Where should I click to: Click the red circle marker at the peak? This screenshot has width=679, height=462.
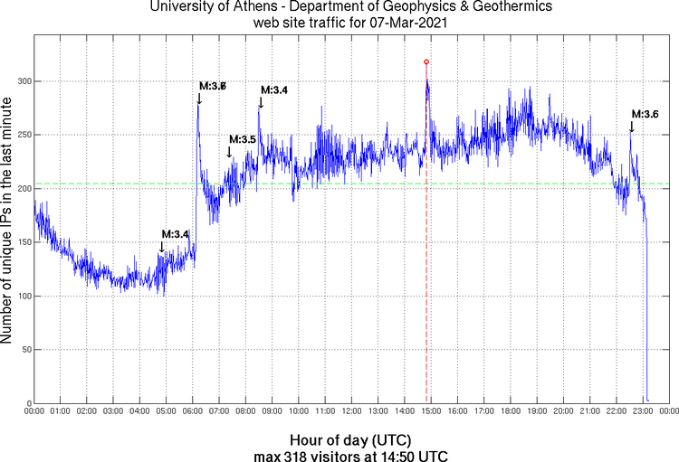pyautogui.click(x=426, y=61)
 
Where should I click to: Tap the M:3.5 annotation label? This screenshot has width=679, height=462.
pyautogui.click(x=243, y=139)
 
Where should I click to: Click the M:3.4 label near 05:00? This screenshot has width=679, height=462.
pyautogui.click(x=175, y=234)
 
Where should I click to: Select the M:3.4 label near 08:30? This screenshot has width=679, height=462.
pyautogui.click(x=274, y=90)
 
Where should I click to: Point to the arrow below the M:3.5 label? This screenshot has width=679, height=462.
pyautogui.click(x=229, y=153)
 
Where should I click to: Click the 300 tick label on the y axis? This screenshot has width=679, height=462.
pyautogui.click(x=20, y=81)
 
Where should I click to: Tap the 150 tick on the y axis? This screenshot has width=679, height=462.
pyautogui.click(x=20, y=242)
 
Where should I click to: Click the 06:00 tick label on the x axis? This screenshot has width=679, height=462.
pyautogui.click(x=193, y=411)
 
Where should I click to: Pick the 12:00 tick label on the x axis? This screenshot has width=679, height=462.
pyautogui.click(x=352, y=411)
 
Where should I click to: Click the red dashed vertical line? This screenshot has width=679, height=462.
pyautogui.click(x=426, y=271)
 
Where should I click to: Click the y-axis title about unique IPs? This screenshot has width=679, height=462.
pyautogui.click(x=7, y=222)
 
